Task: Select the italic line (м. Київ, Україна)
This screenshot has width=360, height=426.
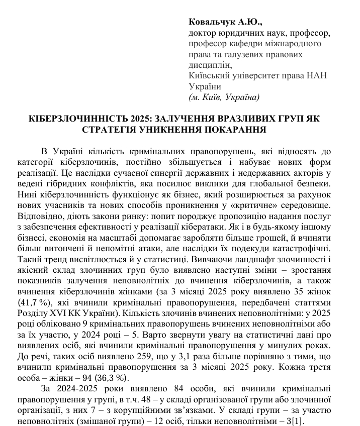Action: (224, 96)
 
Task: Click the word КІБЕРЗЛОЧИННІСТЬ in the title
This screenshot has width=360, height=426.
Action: (75, 120)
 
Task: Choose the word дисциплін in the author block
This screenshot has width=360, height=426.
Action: (210, 65)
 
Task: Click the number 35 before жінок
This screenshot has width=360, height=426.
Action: (295, 291)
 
